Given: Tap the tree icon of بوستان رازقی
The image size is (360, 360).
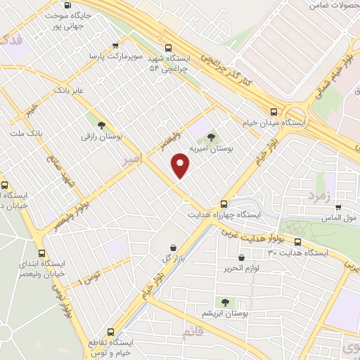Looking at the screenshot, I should pyautogui.click(x=103, y=125).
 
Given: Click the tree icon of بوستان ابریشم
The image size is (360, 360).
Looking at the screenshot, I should pyautogui.click(x=226, y=302).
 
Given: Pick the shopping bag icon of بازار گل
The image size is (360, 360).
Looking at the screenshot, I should pyautogui.click(x=174, y=247).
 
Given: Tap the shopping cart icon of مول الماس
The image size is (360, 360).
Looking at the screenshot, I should pyautogui.click(x=339, y=207).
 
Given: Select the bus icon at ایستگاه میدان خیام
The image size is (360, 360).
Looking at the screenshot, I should pyautogui.click(x=274, y=110).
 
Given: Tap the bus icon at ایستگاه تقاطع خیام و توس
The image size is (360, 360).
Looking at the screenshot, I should pyautogui.click(x=110, y=331).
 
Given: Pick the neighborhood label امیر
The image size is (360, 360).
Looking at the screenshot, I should pyautogui.click(x=132, y=160).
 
